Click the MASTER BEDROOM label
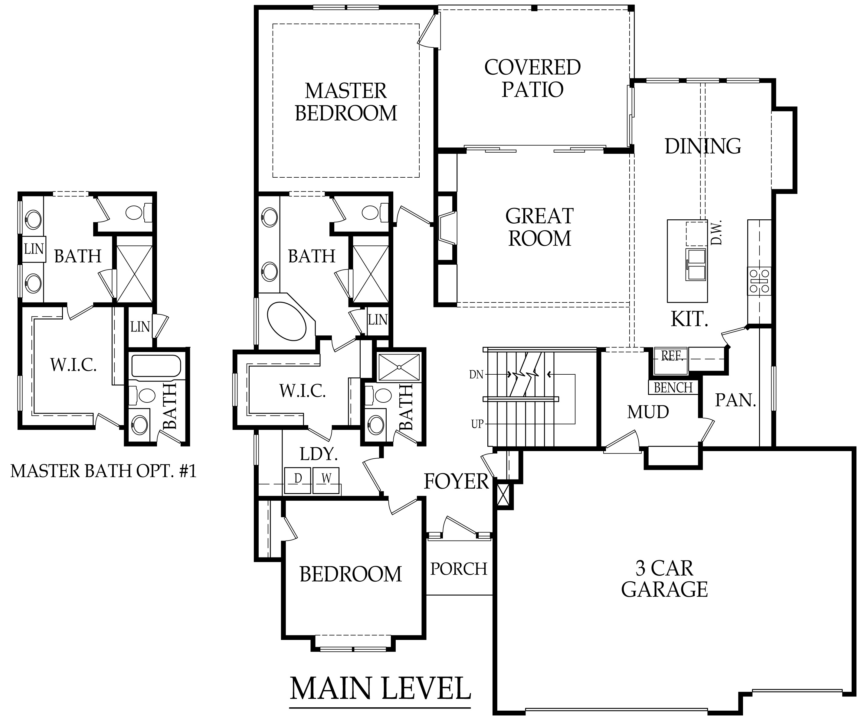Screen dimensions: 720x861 pyautogui.click(x=345, y=102)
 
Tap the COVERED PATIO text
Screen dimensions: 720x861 pyautogui.click(x=532, y=79)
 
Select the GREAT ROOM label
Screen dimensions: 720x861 pyautogui.click(x=539, y=227)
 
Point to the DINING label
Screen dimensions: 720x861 pyautogui.click(x=702, y=146)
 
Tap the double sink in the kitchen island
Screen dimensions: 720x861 pyautogui.click(x=696, y=265)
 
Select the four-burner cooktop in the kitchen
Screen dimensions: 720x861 pyautogui.click(x=759, y=281)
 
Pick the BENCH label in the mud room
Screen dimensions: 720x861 pyautogui.click(x=673, y=387)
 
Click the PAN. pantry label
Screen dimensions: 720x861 pyautogui.click(x=735, y=400)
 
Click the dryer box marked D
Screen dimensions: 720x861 pyautogui.click(x=298, y=480)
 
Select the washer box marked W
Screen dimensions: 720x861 pyautogui.click(x=326, y=480)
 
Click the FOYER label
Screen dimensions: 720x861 pyautogui.click(x=456, y=482)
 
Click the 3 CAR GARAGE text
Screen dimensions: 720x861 pyautogui.click(x=664, y=579)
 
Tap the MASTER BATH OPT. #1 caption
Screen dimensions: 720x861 pyautogui.click(x=103, y=471)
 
